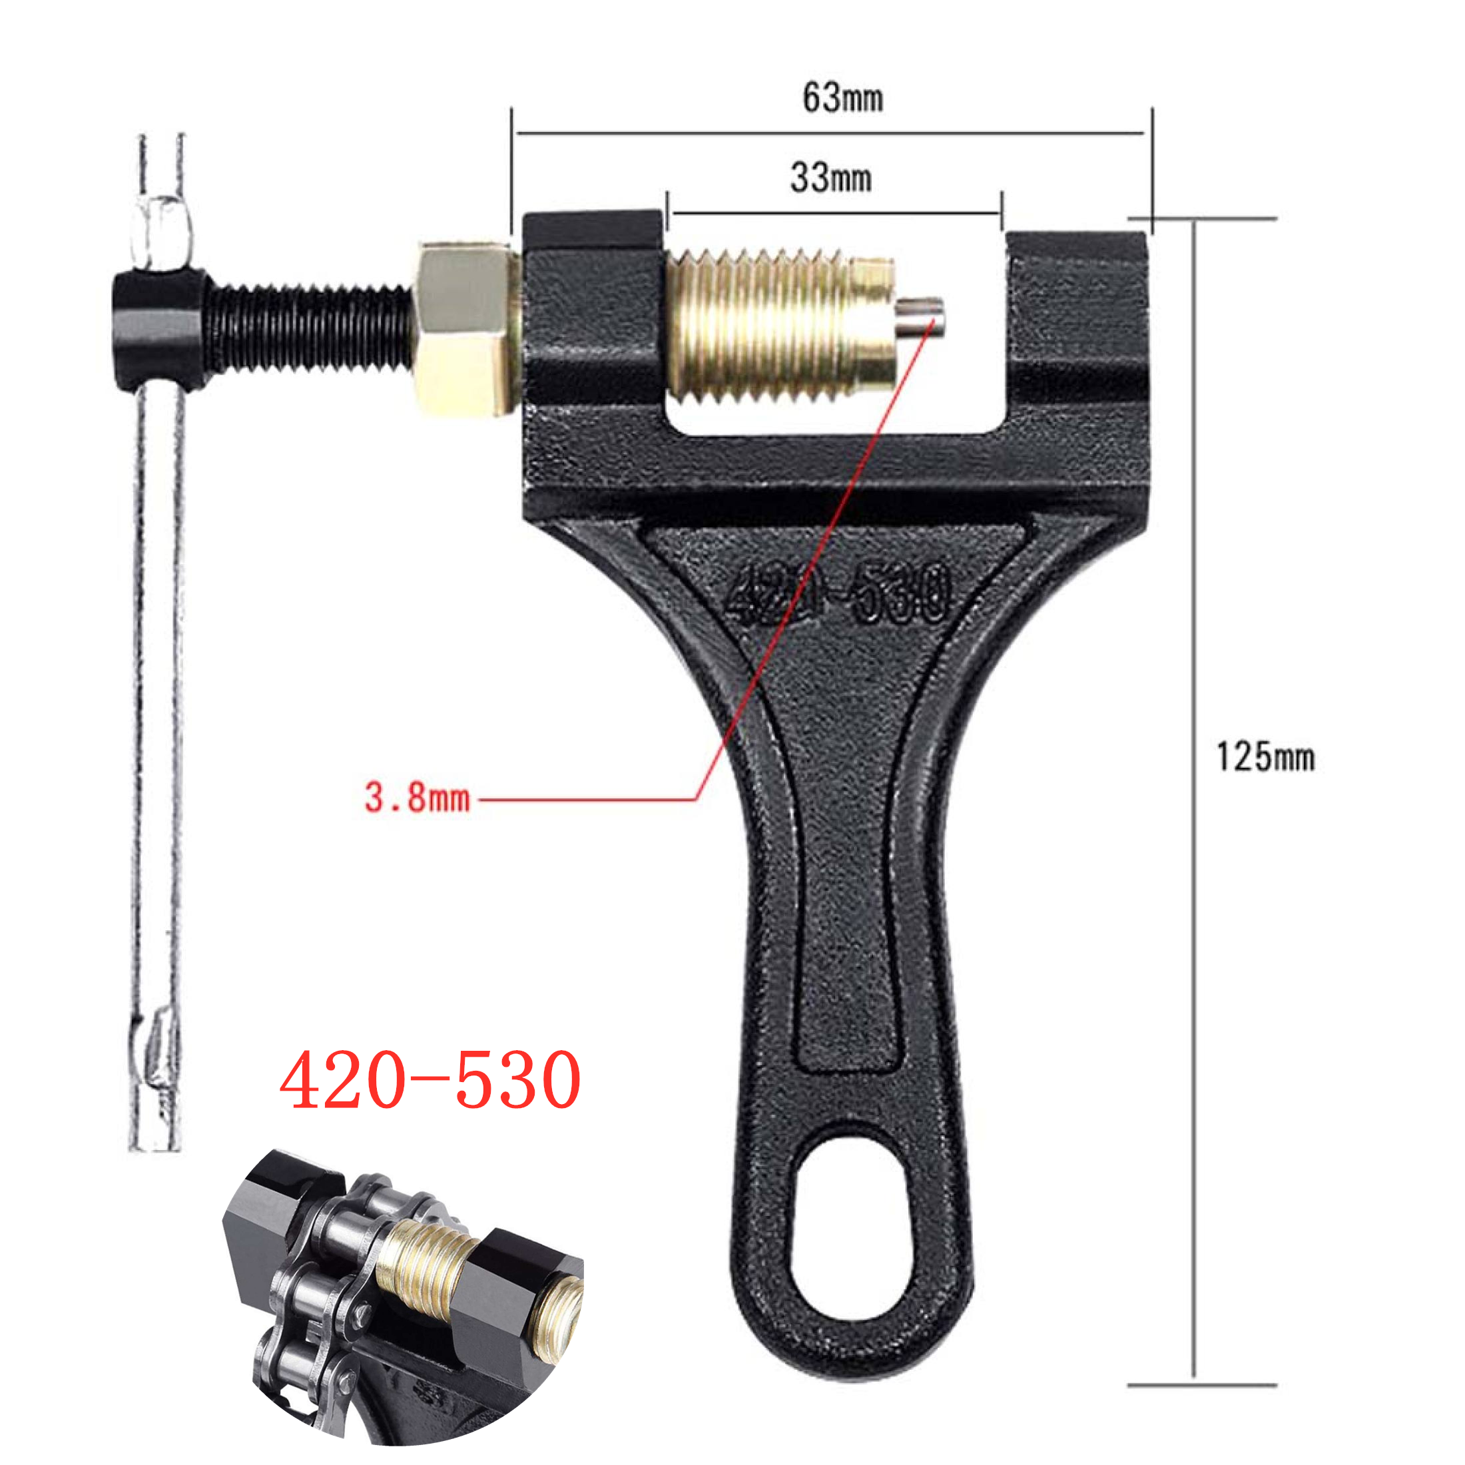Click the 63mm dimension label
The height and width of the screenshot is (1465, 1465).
pyautogui.click(x=842, y=98)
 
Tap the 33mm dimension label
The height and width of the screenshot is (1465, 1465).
pyautogui.click(x=830, y=177)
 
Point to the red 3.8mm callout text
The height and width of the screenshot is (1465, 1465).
pyautogui.click(x=417, y=798)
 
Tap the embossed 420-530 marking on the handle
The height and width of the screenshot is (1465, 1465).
pyautogui.click(x=838, y=592)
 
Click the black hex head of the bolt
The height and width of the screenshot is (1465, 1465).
pyautogui.click(x=159, y=330)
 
